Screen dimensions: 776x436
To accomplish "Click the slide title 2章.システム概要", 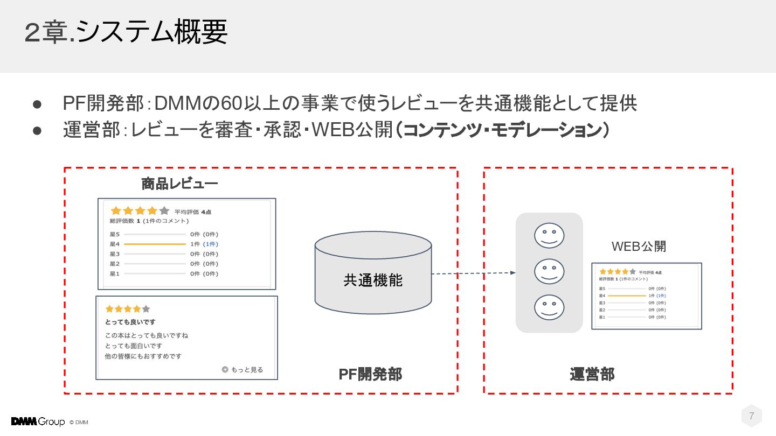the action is point(126,33).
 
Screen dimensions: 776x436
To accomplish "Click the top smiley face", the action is point(549,236).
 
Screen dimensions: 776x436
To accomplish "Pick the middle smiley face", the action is point(549,272).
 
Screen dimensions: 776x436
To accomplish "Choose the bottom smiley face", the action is point(549,307).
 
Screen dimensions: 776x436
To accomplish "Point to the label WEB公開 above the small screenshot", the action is point(639,247).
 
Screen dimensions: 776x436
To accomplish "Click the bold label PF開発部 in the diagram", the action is point(370,374).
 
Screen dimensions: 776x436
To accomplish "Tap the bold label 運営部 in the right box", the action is point(592,374).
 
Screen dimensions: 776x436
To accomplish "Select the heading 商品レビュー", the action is point(179,184).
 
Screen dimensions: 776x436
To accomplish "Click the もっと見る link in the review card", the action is point(243,370).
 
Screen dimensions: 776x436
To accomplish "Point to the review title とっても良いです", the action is point(130,322).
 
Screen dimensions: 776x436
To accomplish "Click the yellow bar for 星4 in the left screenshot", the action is point(155,244).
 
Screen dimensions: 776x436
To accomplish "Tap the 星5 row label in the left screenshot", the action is point(114,234).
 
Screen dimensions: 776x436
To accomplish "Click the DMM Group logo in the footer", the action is point(38,421).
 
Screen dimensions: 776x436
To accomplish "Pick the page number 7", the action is point(751,416).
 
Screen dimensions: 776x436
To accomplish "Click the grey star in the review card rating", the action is point(146,309).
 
